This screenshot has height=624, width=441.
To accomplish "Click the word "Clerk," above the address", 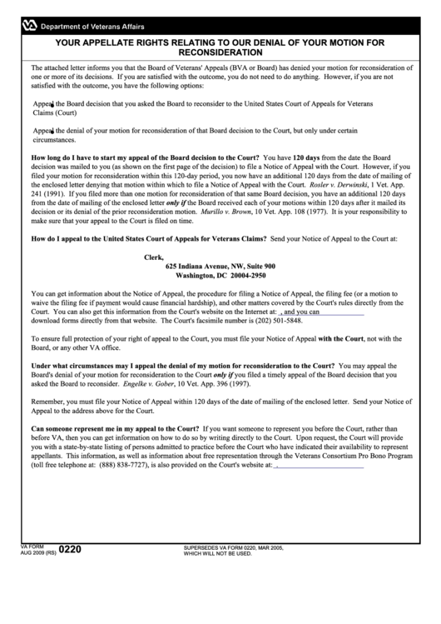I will coord(154,257).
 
